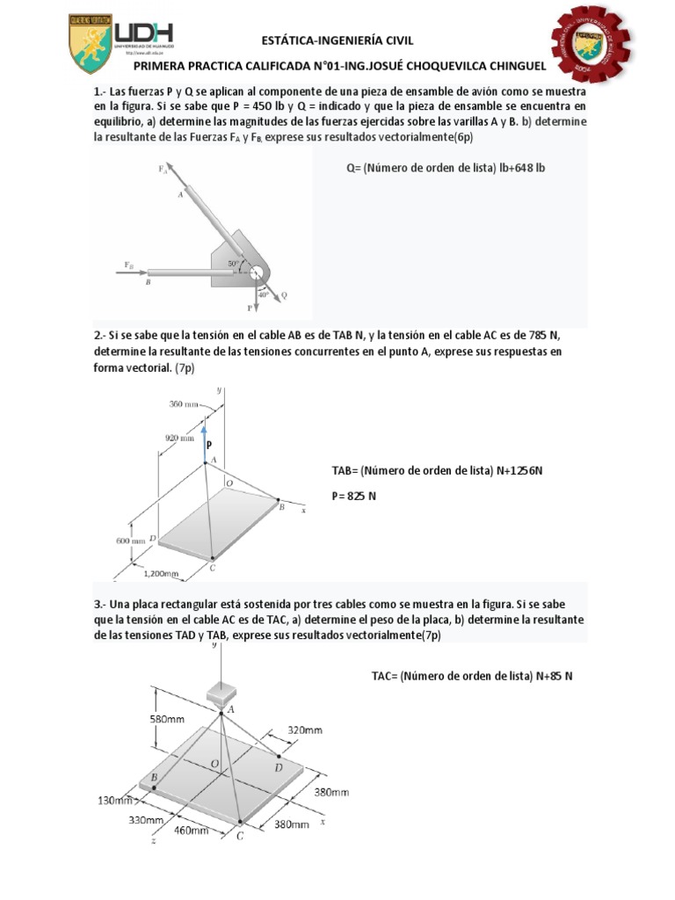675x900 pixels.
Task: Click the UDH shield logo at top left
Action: pos(91,45)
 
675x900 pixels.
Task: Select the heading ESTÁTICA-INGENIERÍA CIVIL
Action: pos(337,40)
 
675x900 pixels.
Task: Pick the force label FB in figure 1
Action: pos(129,264)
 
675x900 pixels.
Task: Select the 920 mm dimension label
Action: pos(179,436)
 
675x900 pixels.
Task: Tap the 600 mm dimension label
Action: pos(131,541)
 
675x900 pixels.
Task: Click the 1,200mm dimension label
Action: pos(161,574)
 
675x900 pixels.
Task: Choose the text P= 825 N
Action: pos(353,497)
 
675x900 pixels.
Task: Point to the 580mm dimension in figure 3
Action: pos(168,719)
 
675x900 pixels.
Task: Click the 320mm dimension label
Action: pos(305,729)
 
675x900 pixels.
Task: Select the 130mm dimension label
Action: pos(115,801)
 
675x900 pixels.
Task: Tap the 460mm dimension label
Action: pos(191,830)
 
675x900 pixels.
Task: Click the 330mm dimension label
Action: pos(147,820)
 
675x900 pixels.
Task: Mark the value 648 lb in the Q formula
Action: pos(527,168)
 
